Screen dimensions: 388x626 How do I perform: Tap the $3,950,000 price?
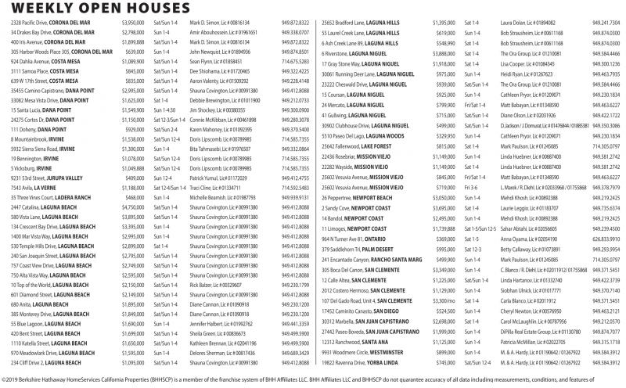(x=134, y=24)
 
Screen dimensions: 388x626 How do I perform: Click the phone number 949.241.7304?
(x=606, y=24)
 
